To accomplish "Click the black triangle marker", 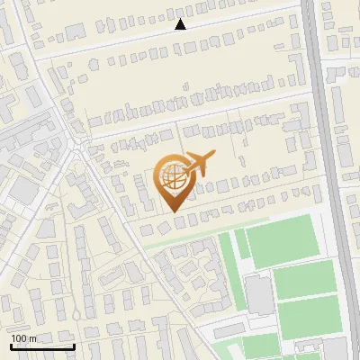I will [x=180, y=24].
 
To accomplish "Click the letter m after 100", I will [x=33, y=338].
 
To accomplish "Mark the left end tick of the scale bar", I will [x=10, y=345].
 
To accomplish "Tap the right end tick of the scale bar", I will [x=75, y=345].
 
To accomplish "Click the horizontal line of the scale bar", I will [x=42, y=346].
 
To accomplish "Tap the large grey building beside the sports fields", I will [x=259, y=295].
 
